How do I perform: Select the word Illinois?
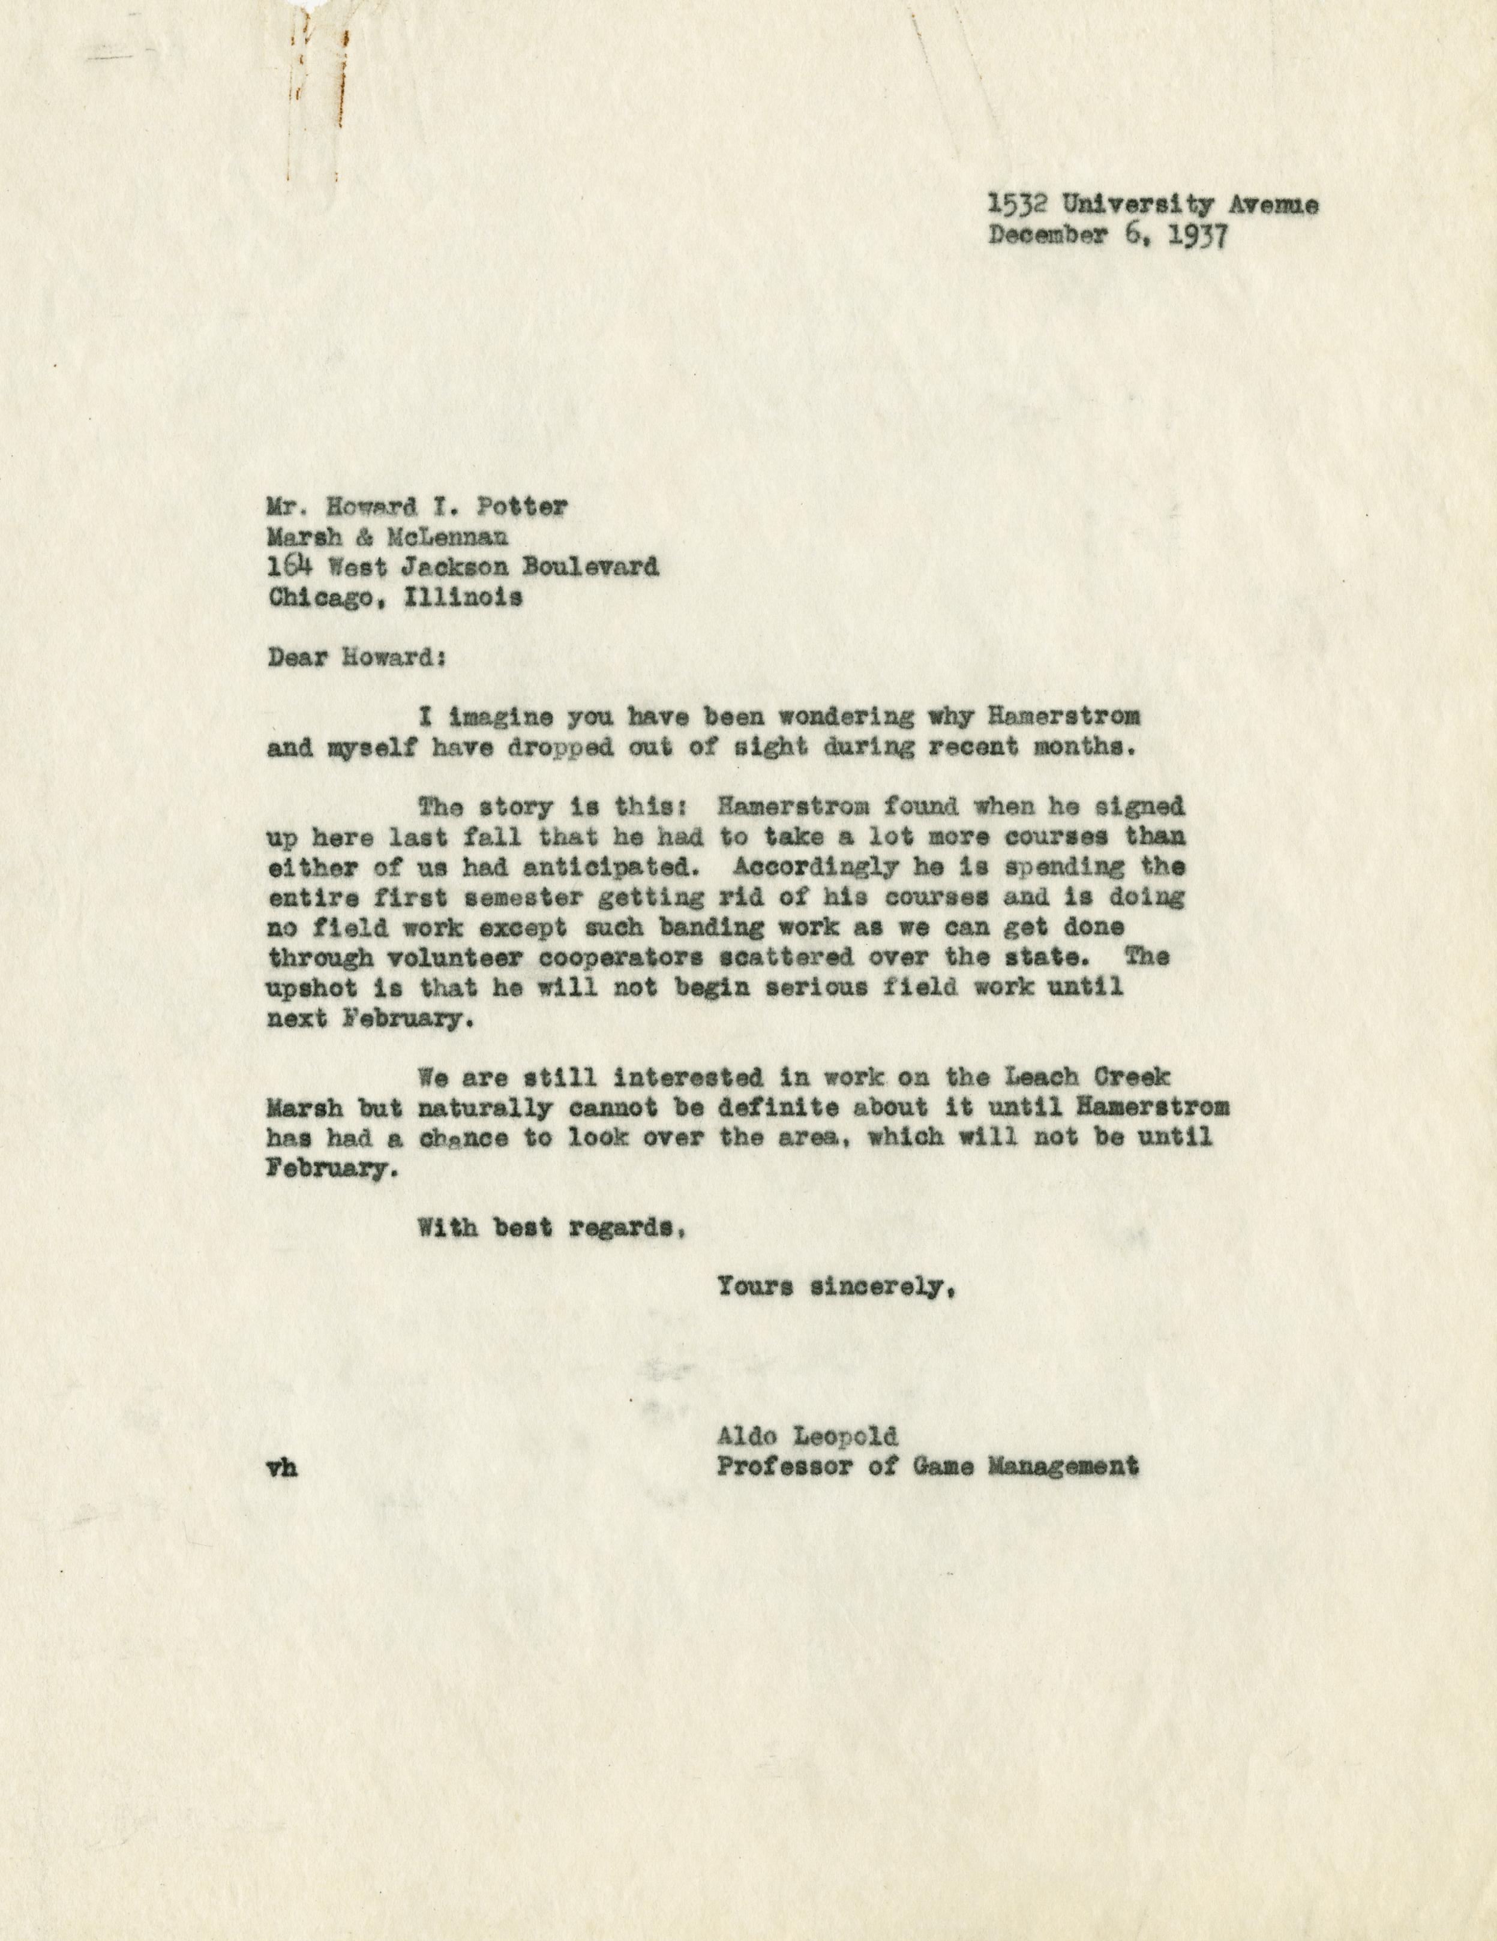pos(463,597)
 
